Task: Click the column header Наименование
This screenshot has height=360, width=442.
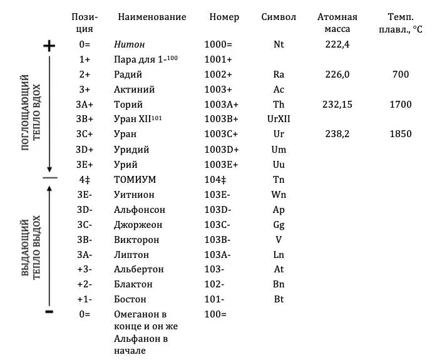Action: tap(152, 17)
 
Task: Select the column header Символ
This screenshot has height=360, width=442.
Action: tap(279, 17)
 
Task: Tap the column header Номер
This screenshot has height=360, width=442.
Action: tap(224, 17)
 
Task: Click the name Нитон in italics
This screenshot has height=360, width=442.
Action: tap(129, 44)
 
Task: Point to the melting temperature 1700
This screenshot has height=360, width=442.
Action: tap(400, 105)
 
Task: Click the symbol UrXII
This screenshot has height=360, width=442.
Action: tap(279, 120)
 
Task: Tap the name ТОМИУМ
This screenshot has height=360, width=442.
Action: tap(135, 180)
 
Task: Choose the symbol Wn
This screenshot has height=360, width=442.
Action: tap(279, 195)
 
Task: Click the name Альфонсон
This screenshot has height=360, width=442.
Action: tap(140, 210)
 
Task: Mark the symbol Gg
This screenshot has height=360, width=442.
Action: tap(279, 225)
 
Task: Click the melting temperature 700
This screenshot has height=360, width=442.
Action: tap(400, 75)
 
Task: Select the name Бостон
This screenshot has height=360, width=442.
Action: tap(130, 300)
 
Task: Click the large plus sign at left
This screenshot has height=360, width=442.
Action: tap(49, 46)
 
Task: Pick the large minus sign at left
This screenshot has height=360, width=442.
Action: tap(49, 311)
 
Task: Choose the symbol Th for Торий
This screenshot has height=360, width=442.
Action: tap(279, 105)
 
